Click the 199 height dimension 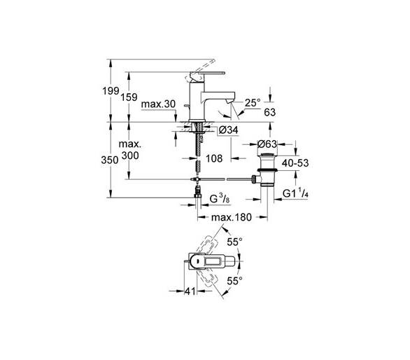click(111, 91)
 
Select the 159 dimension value click(129, 97)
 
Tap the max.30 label click(158, 104)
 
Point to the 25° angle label click(253, 103)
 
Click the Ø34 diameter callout click(229, 130)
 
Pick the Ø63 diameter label click(267, 144)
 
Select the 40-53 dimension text click(295, 163)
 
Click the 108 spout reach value click(214, 158)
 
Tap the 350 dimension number click(110, 160)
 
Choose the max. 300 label click(130, 150)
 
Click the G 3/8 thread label click(220, 199)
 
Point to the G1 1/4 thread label click(295, 194)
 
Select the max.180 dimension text click(232, 217)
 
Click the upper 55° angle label click(234, 242)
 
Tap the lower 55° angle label click(234, 281)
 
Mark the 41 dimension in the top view click(190, 291)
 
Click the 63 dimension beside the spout click(270, 112)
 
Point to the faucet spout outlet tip click(230, 102)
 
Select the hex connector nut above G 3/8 click(198, 195)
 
